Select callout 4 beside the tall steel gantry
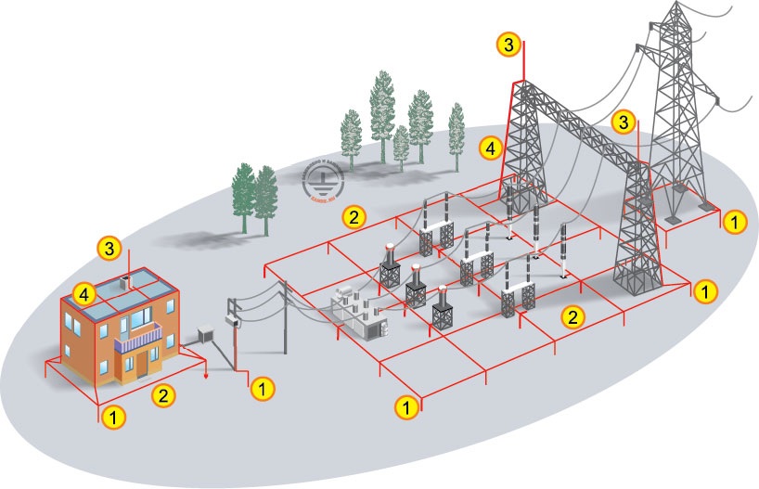pyautogui.click(x=493, y=147)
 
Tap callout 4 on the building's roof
pyautogui.click(x=85, y=294)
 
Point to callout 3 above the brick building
pyautogui.click(x=110, y=248)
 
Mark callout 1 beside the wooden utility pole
pyautogui.click(x=264, y=388)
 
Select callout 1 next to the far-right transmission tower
pyautogui.click(x=734, y=222)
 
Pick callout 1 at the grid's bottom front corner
pyautogui.click(x=405, y=405)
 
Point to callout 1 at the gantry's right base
pyautogui.click(x=705, y=290)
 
